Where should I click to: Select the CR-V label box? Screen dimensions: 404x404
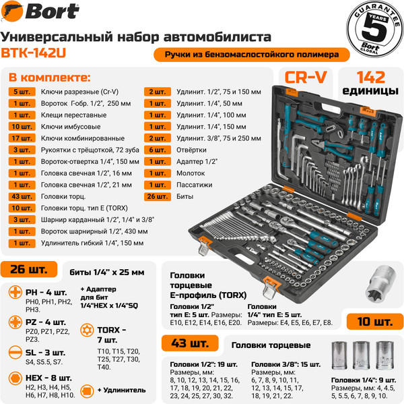pyautogui.click(x=305, y=78)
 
